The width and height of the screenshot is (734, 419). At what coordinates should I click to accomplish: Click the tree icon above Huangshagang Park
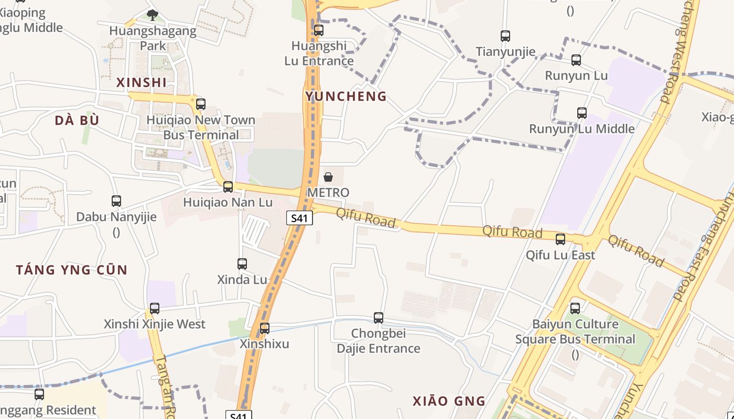click(x=153, y=15)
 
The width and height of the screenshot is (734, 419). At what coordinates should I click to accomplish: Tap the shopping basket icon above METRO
click(x=328, y=177)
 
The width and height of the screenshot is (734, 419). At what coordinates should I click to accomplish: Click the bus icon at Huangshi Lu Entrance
click(x=319, y=30)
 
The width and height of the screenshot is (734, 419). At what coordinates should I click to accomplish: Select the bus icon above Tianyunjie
click(x=505, y=36)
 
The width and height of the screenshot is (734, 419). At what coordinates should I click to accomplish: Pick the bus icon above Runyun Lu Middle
click(x=581, y=113)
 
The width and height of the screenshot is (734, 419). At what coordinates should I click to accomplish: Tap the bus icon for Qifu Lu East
click(x=560, y=239)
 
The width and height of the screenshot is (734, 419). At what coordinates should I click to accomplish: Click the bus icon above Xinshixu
click(x=265, y=328)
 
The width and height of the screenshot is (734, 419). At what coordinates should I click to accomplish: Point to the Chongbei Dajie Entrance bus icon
click(x=379, y=317)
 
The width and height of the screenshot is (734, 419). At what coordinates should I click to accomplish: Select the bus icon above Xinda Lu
click(x=242, y=264)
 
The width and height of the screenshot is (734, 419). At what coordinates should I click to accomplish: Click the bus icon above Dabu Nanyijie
click(x=116, y=201)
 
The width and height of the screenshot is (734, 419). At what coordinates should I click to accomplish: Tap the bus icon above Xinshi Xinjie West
click(x=154, y=308)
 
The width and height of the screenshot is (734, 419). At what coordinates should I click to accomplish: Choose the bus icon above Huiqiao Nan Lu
click(x=228, y=186)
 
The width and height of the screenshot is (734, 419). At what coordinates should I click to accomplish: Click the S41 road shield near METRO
click(x=299, y=218)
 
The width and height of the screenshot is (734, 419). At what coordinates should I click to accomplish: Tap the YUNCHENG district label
click(x=346, y=96)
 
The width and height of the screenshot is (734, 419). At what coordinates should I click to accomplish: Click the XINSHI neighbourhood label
click(x=142, y=82)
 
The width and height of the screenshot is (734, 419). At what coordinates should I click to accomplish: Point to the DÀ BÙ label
click(x=77, y=120)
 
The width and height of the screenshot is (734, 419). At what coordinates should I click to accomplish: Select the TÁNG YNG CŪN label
click(x=71, y=270)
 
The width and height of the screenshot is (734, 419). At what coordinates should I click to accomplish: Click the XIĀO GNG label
click(x=449, y=402)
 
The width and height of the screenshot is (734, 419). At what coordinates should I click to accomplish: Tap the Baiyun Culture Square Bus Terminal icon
click(x=575, y=308)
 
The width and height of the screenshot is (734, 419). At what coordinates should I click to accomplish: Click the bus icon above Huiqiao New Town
click(x=201, y=104)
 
